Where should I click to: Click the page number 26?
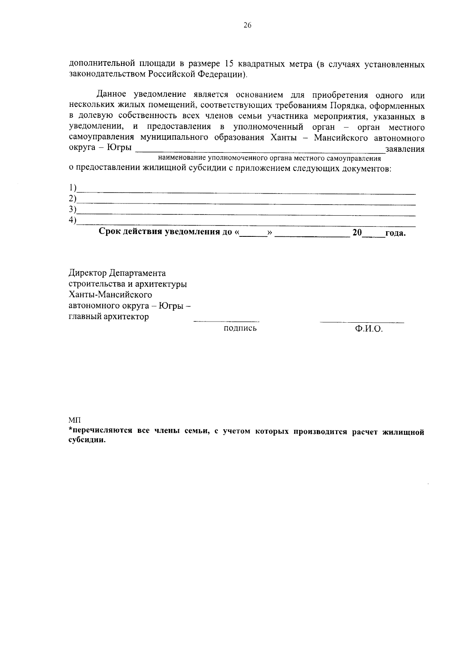pyautogui.click(x=247, y=25)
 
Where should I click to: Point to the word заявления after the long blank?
pyautogui.click(x=405, y=149)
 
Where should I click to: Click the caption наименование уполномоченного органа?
pyautogui.click(x=269, y=159)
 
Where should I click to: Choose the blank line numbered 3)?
pyautogui.click(x=246, y=214)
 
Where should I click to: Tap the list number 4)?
pyautogui.click(x=72, y=220)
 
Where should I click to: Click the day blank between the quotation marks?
pyautogui.click(x=253, y=234)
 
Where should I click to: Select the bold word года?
pyautogui.click(x=395, y=233)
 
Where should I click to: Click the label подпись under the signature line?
pyautogui.click(x=240, y=328)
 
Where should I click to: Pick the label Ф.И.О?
pyautogui.click(x=369, y=329)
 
